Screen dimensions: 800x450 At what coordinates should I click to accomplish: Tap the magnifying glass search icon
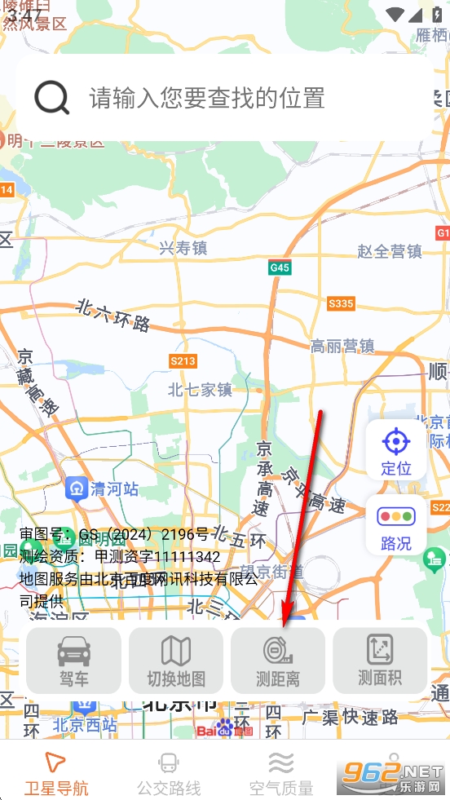(52, 99)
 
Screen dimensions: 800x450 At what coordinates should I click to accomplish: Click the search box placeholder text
(207, 99)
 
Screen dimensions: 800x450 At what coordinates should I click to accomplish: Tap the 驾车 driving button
(74, 661)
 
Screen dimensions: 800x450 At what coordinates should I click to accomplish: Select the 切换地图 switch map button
(176, 661)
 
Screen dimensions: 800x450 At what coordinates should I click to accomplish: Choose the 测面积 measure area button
(380, 661)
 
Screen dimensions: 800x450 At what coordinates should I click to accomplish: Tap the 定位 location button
(396, 450)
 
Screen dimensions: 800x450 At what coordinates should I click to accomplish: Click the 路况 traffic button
(396, 526)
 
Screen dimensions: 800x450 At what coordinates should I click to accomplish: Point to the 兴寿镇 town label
(183, 248)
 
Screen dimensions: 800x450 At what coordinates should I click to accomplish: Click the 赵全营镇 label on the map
(390, 251)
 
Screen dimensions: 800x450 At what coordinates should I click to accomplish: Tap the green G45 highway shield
(280, 267)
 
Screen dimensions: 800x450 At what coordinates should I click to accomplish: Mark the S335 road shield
(341, 304)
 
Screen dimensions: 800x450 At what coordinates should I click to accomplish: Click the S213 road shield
(183, 360)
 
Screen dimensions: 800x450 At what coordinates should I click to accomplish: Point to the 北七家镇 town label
(201, 390)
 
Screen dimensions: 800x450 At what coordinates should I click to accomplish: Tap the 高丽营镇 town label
(342, 347)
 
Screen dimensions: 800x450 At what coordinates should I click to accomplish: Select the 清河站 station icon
(77, 488)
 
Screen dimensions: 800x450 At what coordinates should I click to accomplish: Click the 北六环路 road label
(113, 315)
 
